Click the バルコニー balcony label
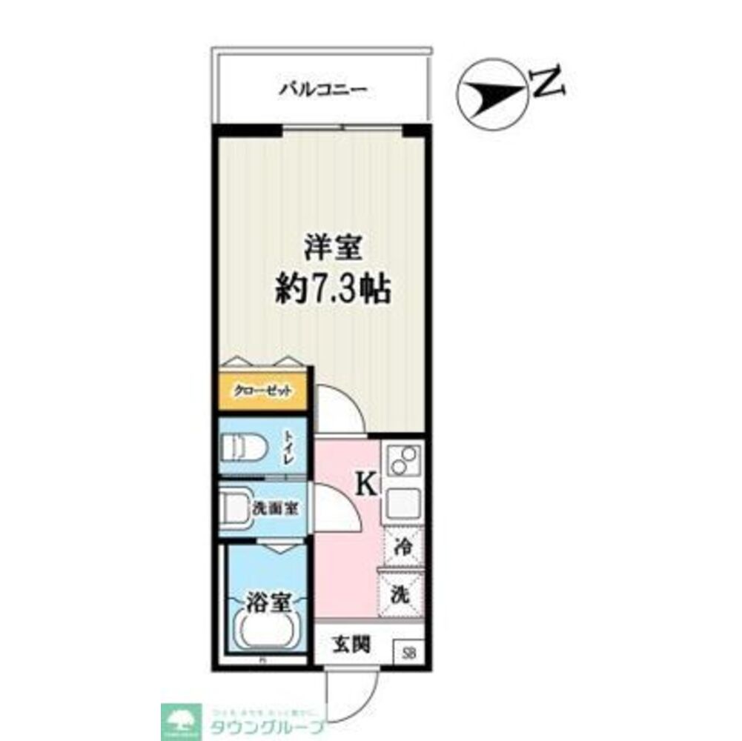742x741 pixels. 322,91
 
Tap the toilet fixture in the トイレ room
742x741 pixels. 245,447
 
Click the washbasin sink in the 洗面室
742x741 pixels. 236,509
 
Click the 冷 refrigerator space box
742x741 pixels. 403,547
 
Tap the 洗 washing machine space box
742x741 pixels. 401,594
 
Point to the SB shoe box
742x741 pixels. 408,653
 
